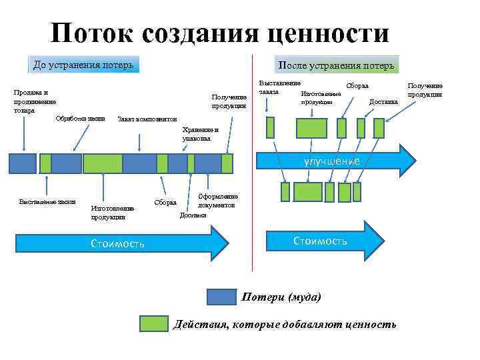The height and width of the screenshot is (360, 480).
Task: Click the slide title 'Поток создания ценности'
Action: click(x=219, y=33)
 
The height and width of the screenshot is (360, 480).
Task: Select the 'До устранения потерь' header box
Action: click(x=84, y=65)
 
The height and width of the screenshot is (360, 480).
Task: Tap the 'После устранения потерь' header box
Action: click(x=337, y=65)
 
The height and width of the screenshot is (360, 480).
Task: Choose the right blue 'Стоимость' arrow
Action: click(x=320, y=241)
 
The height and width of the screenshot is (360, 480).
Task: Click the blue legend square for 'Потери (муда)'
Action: click(x=221, y=297)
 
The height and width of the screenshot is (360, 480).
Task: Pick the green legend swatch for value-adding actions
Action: click(x=153, y=324)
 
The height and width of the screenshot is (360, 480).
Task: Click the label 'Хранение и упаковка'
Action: click(x=196, y=134)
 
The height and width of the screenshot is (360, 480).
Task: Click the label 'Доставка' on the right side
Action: click(x=383, y=102)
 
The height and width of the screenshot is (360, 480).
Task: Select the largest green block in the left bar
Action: click(x=102, y=163)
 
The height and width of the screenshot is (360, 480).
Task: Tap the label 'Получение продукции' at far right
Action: click(x=425, y=90)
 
